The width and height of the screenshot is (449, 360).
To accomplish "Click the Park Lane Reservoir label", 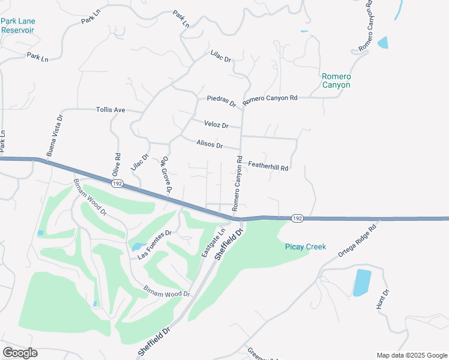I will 18,25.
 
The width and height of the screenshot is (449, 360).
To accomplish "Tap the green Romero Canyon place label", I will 336,80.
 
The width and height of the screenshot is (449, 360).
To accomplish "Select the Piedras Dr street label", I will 221,100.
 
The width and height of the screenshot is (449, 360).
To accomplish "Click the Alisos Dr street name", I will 209,145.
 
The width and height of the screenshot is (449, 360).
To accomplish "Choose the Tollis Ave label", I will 110,110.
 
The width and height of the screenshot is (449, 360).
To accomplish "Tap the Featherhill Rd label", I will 268,166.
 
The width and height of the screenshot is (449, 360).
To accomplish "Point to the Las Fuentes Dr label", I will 154,245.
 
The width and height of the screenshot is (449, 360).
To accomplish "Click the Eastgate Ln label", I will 213,242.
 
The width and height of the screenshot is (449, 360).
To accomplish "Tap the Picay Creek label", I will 305,247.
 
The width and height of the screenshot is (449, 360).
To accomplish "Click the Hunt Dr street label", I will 383,299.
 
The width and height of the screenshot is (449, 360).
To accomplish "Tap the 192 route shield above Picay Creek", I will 297,219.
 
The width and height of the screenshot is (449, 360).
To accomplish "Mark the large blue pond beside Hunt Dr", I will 362,283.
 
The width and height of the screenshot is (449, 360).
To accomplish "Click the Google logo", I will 20,353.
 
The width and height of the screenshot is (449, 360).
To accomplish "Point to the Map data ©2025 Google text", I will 411,355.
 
